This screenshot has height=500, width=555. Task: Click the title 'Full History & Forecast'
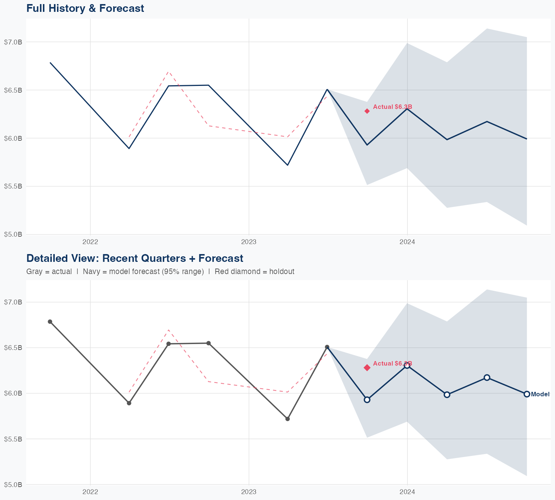tap(85, 8)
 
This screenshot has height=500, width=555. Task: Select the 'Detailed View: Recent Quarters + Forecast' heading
tap(135, 258)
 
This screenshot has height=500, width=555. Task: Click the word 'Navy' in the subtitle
tap(91, 271)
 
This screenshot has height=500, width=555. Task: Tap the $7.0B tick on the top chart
tap(13, 42)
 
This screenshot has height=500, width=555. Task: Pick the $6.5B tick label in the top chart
tap(13, 90)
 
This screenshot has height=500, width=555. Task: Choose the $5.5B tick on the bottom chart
tap(13, 439)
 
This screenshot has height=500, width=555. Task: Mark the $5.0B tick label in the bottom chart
tap(13, 485)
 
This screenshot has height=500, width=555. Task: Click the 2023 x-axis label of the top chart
tap(249, 242)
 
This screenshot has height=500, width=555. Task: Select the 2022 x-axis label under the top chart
tap(90, 242)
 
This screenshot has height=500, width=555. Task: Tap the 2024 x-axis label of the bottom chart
tap(407, 492)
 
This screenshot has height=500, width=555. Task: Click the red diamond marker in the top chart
tap(367, 111)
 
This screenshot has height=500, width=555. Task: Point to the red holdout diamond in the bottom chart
tap(367, 368)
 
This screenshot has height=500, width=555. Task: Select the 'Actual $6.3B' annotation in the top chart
tap(392, 107)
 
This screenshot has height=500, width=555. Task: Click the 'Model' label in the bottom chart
tap(540, 394)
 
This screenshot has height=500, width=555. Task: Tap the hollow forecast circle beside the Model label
tap(527, 394)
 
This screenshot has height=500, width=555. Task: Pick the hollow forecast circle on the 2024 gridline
tap(407, 366)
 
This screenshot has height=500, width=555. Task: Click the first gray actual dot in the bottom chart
tap(50, 322)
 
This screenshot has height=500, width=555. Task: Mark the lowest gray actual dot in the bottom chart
tap(287, 419)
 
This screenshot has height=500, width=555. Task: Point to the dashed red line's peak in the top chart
tap(168, 72)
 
